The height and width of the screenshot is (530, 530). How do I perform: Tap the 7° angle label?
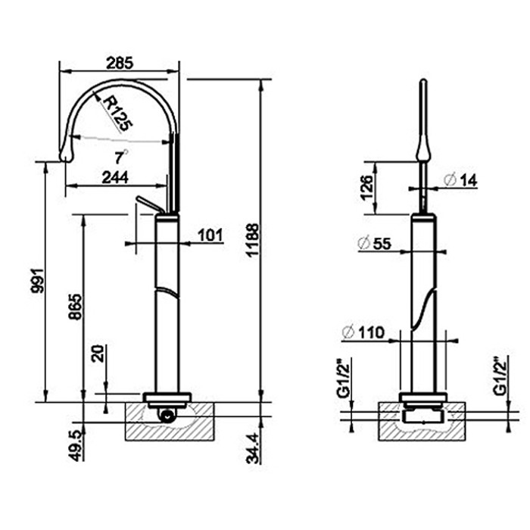[120, 157]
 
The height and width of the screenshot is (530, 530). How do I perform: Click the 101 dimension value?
[210, 235]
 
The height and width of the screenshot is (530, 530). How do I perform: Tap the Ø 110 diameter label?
[363, 332]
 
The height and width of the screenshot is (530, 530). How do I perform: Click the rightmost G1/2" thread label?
[498, 376]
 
